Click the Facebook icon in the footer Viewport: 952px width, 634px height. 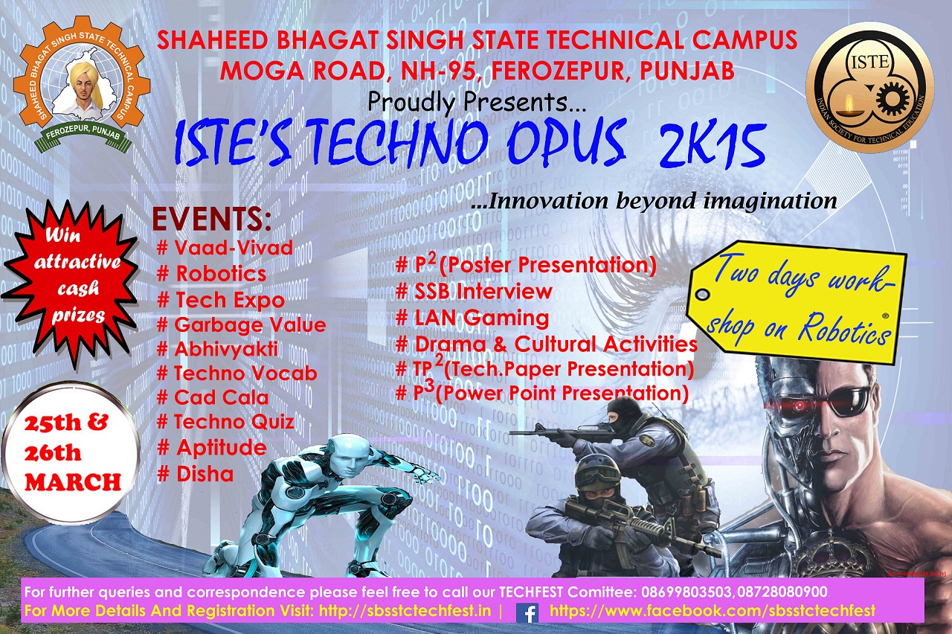coord(527,612)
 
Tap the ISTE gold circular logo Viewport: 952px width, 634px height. coord(870,87)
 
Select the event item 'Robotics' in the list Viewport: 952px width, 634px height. coord(212,273)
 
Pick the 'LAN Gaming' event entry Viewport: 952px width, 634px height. coord(472,318)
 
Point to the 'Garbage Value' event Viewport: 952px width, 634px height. coord(242,326)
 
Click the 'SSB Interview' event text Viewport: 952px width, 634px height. coord(474,291)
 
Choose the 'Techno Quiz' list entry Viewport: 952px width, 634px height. coord(225,422)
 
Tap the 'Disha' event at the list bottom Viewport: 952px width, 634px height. coord(196,474)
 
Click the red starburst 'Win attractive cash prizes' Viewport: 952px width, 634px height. coord(71,283)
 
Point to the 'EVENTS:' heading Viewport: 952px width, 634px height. coord(212,220)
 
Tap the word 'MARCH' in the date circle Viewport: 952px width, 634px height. coord(73,482)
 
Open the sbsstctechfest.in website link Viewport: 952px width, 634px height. coord(405,611)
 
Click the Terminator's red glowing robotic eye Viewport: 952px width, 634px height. coord(800,405)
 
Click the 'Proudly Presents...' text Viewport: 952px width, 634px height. coord(477,103)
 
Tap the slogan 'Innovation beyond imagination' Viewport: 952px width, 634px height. coord(654,201)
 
